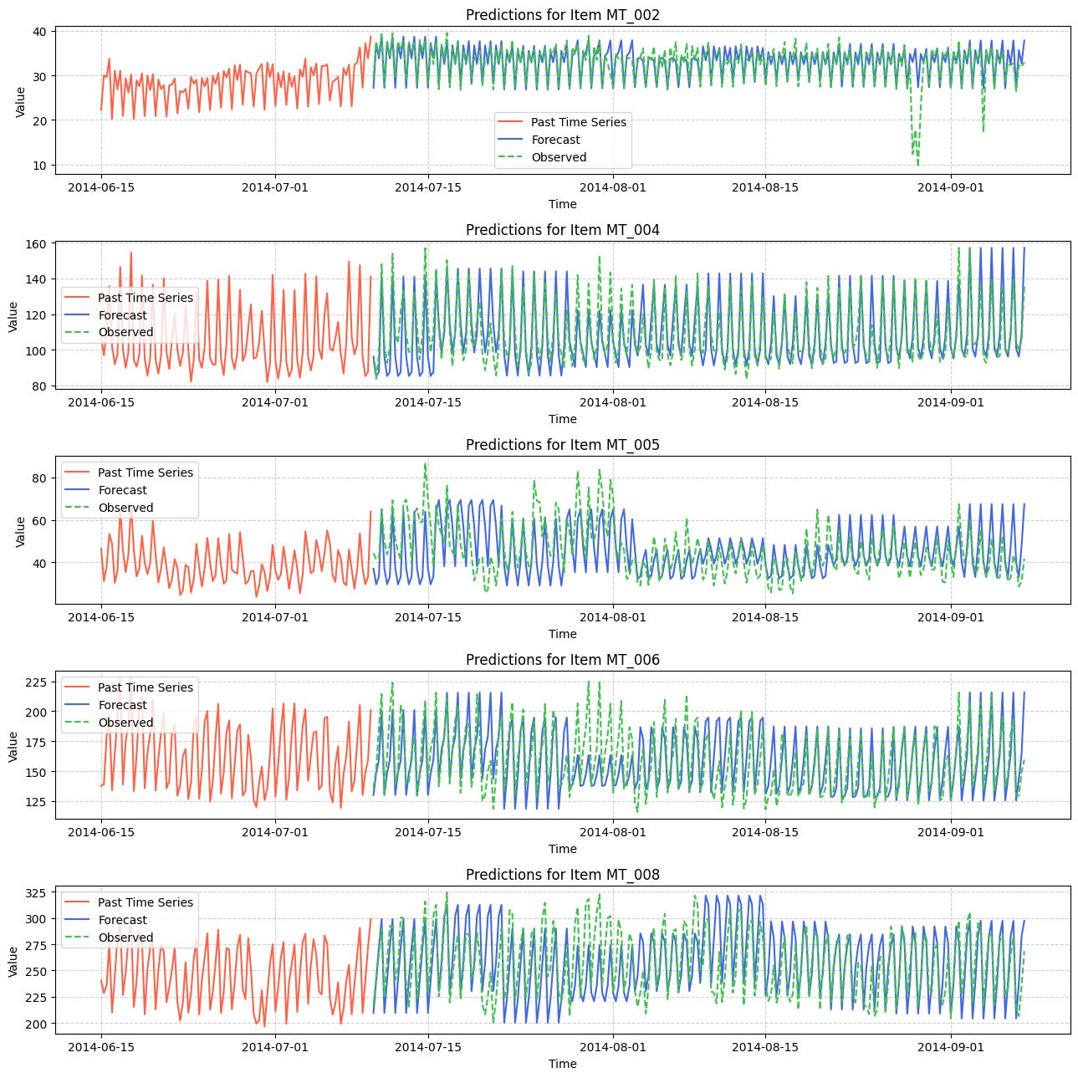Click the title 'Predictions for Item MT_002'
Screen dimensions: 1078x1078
[x=562, y=15]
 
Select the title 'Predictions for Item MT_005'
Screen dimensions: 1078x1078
[x=562, y=445]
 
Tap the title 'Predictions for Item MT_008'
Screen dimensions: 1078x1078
[x=562, y=875]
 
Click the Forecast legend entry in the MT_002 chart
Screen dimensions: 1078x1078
[x=555, y=140]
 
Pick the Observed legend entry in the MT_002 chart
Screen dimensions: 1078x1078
[x=559, y=157]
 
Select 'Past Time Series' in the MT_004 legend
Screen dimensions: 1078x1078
[x=145, y=298]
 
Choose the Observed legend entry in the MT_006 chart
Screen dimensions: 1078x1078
[x=125, y=723]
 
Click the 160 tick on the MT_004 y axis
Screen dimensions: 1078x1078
[x=40, y=243]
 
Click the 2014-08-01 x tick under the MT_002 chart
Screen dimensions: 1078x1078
[x=614, y=187]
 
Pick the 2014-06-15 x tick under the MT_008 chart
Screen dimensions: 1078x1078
[x=101, y=1047]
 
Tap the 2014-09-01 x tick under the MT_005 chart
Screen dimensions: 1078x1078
[x=952, y=617]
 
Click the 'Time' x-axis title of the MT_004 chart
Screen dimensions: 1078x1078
[x=562, y=419]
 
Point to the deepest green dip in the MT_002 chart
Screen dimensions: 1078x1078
[x=917, y=164]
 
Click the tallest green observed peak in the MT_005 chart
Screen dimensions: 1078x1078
[x=425, y=463]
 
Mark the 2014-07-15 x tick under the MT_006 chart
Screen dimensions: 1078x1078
[x=428, y=832]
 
